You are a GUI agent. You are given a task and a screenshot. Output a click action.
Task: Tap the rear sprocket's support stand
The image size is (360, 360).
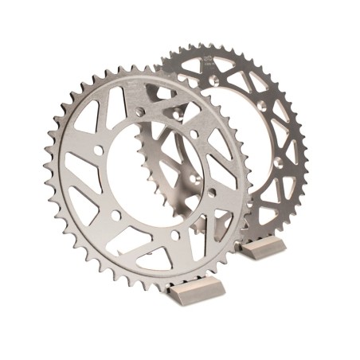tap(263, 247)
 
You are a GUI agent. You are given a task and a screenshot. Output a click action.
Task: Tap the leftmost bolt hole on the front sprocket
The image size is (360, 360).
tap(97, 150)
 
